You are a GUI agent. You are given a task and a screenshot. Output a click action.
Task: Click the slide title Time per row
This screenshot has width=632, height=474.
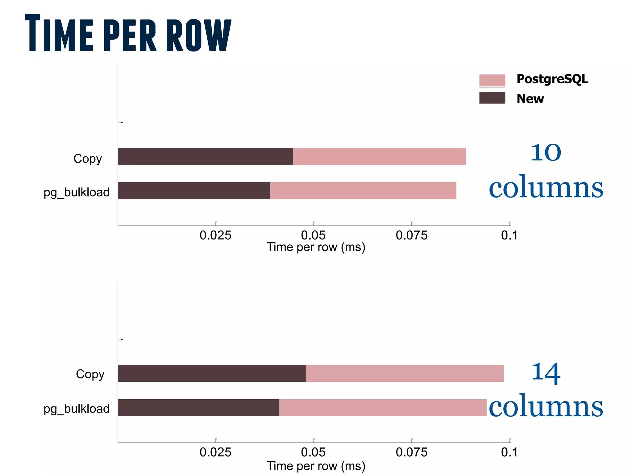(x=128, y=33)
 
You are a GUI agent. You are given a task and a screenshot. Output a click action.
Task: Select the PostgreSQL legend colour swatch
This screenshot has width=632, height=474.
(x=492, y=80)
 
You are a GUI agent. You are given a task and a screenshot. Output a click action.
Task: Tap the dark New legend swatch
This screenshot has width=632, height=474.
(x=492, y=98)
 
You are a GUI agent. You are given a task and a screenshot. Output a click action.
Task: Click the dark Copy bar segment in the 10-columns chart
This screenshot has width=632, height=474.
(x=205, y=156)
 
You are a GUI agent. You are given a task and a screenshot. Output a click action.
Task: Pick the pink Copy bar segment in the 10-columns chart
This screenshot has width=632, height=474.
(x=380, y=156)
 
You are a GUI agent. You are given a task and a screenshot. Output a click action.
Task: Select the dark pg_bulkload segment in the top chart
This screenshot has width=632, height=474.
(x=194, y=191)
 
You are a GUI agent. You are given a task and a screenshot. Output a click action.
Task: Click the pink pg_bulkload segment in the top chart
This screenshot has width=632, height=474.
(x=363, y=191)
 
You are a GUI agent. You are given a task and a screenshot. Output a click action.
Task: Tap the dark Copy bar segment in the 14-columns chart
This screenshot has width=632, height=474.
(x=212, y=373)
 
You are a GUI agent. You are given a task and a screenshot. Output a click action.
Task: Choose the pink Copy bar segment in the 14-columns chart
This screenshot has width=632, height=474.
(x=405, y=373)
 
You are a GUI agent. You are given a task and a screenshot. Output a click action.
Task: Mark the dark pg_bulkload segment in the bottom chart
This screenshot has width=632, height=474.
(x=198, y=408)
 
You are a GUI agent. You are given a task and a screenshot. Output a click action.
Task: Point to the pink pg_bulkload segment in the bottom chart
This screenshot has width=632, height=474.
(x=383, y=408)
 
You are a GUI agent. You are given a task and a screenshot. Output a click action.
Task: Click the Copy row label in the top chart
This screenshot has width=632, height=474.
(x=88, y=159)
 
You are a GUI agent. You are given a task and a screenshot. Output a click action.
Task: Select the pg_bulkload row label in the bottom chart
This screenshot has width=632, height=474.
(x=77, y=409)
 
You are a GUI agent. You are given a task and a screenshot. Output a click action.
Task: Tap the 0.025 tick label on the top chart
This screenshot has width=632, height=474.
(x=215, y=235)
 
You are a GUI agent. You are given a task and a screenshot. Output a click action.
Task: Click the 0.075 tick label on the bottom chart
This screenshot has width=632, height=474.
(x=412, y=452)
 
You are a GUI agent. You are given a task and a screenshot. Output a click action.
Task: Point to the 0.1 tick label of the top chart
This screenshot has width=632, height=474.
(x=509, y=235)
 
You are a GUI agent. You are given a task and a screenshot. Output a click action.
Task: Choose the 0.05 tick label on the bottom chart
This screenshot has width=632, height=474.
(x=313, y=452)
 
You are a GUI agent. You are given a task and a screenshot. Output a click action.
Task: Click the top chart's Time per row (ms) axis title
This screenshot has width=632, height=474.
(x=316, y=247)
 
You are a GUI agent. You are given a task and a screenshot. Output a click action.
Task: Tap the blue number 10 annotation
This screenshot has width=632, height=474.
(x=546, y=152)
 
